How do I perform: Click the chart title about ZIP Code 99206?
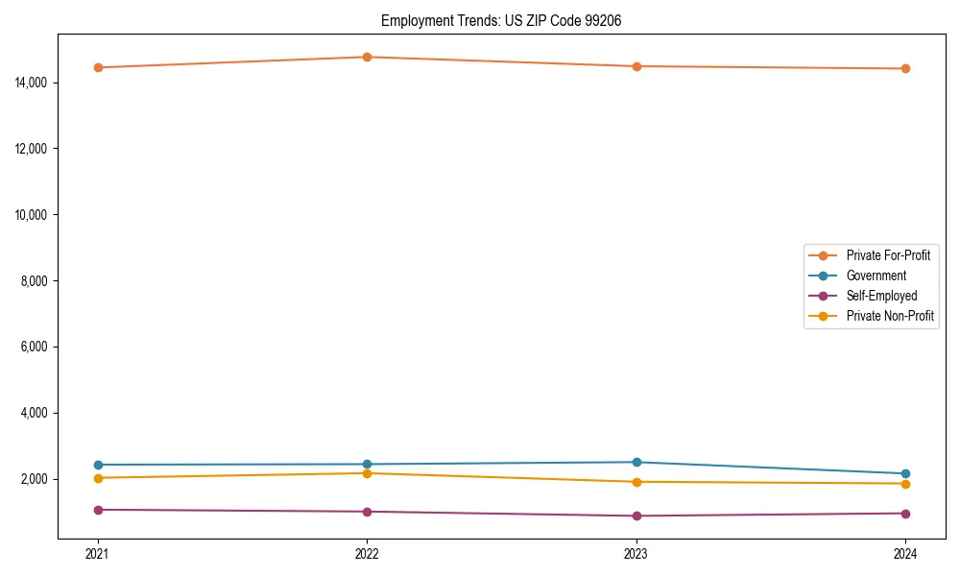point(501,20)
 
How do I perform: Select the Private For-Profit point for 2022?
point(367,57)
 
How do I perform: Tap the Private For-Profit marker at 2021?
point(98,67)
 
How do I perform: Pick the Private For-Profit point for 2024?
point(905,68)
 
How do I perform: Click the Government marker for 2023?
point(636,462)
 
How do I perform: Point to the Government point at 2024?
point(905,473)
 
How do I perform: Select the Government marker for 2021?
point(98,465)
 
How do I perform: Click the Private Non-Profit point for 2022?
point(367,472)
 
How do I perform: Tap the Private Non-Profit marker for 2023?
point(636,482)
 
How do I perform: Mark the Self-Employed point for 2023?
point(636,516)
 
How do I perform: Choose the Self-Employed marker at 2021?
point(98,510)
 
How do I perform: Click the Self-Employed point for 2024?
point(905,513)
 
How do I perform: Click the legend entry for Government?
point(876,276)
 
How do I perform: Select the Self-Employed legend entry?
point(881,296)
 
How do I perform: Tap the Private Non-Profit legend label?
point(890,316)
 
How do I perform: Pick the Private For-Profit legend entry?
point(887,255)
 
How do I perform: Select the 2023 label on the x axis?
point(636,553)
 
